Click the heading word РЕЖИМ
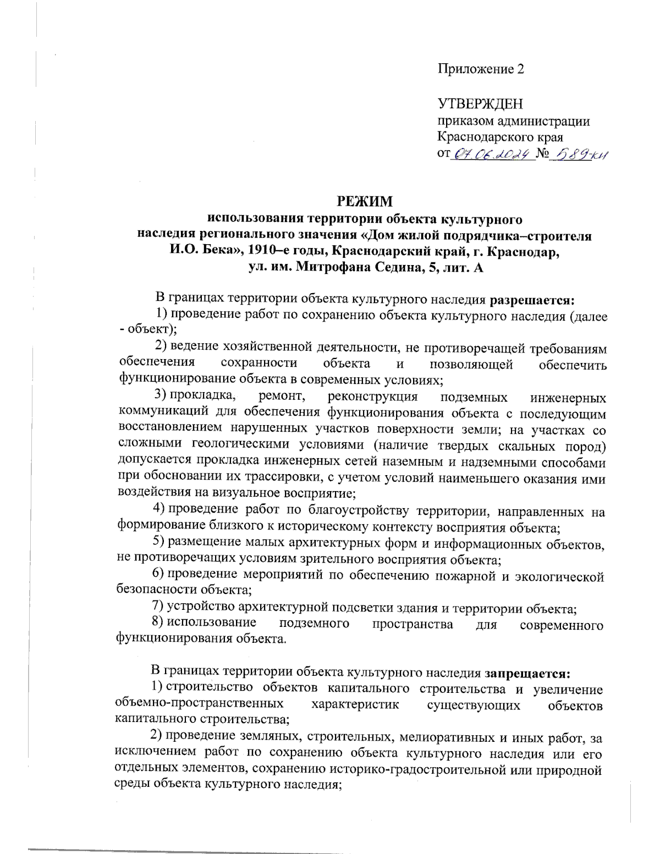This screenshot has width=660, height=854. point(365,201)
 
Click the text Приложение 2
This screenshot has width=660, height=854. point(481,69)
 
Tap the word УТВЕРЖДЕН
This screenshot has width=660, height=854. point(480,104)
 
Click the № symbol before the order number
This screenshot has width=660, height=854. point(543,154)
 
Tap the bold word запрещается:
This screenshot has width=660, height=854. point(527,673)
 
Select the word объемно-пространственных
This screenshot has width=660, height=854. point(200,704)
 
